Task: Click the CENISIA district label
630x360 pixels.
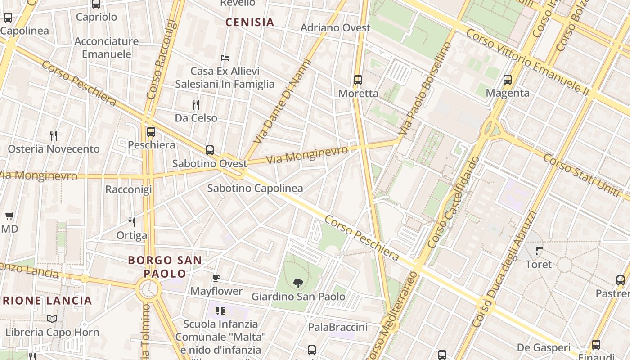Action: [x=250, y=22]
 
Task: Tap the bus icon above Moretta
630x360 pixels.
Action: [x=358, y=80]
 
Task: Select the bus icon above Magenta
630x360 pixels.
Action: [x=508, y=80]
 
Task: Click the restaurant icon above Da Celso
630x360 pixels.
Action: [x=196, y=105]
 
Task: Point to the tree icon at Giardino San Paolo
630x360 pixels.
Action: [x=298, y=283]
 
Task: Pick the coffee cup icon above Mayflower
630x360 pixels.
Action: [x=216, y=278]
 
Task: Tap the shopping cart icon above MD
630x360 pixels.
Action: [x=9, y=216]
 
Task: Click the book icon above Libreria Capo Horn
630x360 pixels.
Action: [x=52, y=319]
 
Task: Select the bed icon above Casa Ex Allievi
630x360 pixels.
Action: [x=225, y=58]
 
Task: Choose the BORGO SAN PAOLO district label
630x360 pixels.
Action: [x=165, y=266]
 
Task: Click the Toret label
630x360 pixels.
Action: [x=539, y=264]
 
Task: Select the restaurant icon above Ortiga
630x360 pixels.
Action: [x=132, y=222]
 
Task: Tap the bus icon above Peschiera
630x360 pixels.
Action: [x=151, y=132]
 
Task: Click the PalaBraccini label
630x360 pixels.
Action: [x=337, y=327]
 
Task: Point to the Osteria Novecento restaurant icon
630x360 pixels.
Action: [x=54, y=135]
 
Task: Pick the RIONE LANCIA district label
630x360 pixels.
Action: [x=47, y=301]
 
